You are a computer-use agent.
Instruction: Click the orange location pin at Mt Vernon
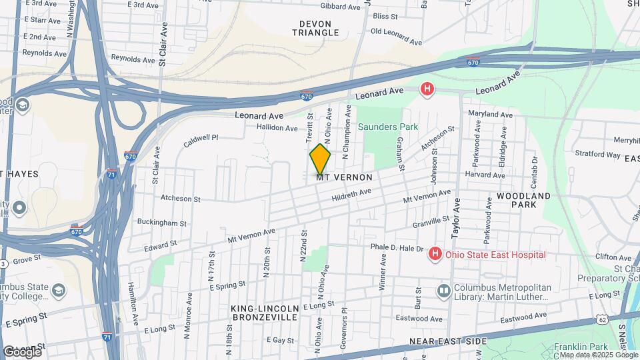[320, 159]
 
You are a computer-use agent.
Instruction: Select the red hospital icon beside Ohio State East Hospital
[435, 254]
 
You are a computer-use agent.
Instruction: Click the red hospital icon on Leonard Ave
[427, 89]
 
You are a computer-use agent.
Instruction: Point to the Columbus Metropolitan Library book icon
[444, 291]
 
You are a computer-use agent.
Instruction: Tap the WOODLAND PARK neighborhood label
[524, 200]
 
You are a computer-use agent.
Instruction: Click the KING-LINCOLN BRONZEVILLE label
[263, 313]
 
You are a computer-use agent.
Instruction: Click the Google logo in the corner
[21, 351]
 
